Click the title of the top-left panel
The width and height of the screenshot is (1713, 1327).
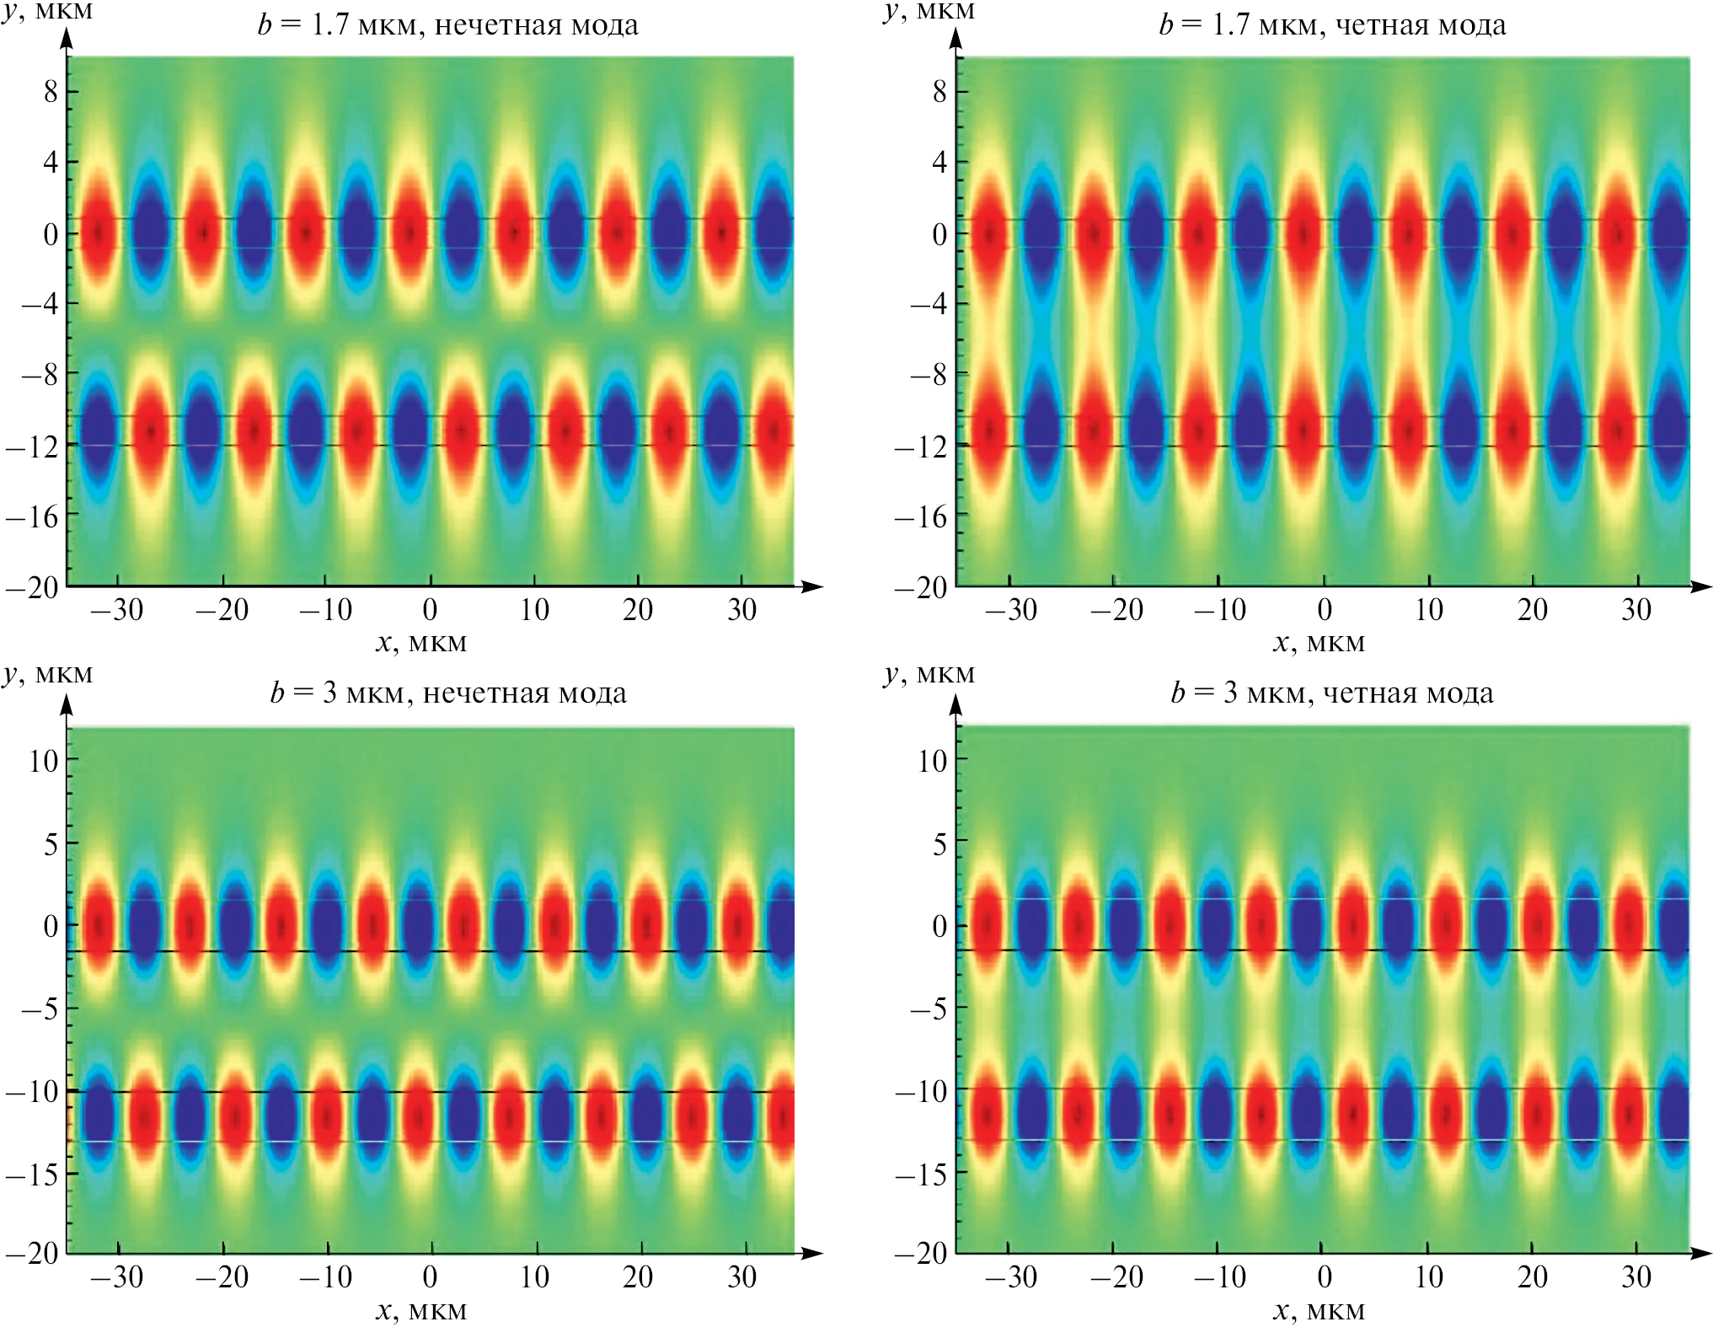coord(447,24)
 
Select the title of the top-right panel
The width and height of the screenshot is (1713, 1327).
coord(1332,24)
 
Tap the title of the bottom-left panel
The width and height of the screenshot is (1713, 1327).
coord(447,693)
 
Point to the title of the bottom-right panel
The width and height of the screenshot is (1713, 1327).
coord(1332,693)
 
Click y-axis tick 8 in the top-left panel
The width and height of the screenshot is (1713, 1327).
coord(51,91)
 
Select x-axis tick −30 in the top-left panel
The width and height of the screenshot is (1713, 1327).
coord(117,609)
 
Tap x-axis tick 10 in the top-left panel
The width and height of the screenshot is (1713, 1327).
coord(534,609)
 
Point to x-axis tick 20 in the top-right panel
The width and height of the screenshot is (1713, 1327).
coord(1532,609)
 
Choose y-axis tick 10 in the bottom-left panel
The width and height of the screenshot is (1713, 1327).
coord(44,761)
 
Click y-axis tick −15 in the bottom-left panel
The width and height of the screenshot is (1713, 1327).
coord(32,1173)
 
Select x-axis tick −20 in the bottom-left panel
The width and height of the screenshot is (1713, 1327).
coord(222,1277)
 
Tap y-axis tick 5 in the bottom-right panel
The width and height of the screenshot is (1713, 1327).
coord(939,843)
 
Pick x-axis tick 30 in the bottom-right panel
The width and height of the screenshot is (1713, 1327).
coord(1636,1277)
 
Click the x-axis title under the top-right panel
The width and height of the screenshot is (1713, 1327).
coord(1319,643)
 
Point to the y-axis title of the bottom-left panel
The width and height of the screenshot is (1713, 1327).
coord(47,673)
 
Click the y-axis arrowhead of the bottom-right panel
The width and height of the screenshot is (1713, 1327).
coord(956,704)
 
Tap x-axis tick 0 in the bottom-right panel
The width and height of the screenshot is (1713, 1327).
coord(1325,1277)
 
